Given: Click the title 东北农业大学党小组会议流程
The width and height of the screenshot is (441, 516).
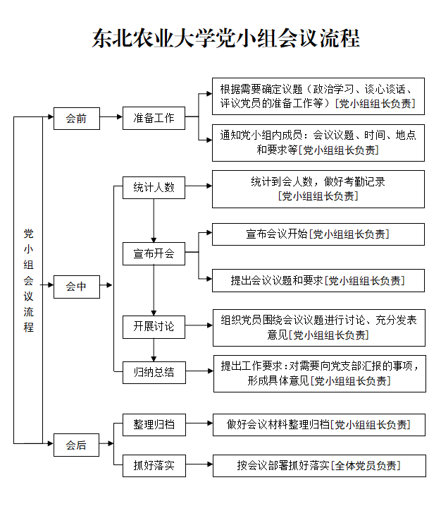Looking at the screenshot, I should coord(225,38).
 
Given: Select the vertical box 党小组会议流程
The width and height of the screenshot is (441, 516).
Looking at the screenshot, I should coord(29,280).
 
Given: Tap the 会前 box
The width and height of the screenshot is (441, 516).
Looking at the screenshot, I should coord(77,118).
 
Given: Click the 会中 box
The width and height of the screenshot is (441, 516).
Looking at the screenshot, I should coord(77,286).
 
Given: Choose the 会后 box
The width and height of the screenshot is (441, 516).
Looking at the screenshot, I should coord(77,445).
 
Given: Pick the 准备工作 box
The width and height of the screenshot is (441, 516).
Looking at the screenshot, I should coord(154,118).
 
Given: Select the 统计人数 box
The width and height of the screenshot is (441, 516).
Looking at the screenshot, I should coord(154,187).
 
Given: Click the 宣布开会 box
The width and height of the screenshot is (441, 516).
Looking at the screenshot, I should coord(154,253).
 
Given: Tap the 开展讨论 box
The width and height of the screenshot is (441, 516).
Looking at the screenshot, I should coord(154,327).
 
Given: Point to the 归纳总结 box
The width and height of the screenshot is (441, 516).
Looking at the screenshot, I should coord(154,371).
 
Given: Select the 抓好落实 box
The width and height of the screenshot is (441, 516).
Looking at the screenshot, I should coord(154,465).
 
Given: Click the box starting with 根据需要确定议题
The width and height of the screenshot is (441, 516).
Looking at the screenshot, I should coord(318,96).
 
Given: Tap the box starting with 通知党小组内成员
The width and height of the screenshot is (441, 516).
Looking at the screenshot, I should coord(318,142).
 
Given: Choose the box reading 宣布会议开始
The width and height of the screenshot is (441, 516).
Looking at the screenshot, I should coord(318,234).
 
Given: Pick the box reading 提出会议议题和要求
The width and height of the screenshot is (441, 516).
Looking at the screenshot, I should coord(318,280).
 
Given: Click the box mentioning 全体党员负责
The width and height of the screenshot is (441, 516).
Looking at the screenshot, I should coord(319,465).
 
